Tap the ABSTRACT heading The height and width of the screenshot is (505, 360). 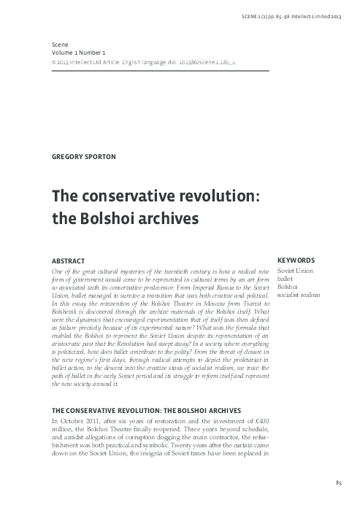66,261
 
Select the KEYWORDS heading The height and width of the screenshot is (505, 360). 296,261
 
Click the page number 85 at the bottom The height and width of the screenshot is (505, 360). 338,484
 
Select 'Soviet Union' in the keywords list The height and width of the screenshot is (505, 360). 294,271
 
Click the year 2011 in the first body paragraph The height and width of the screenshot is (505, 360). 96,421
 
